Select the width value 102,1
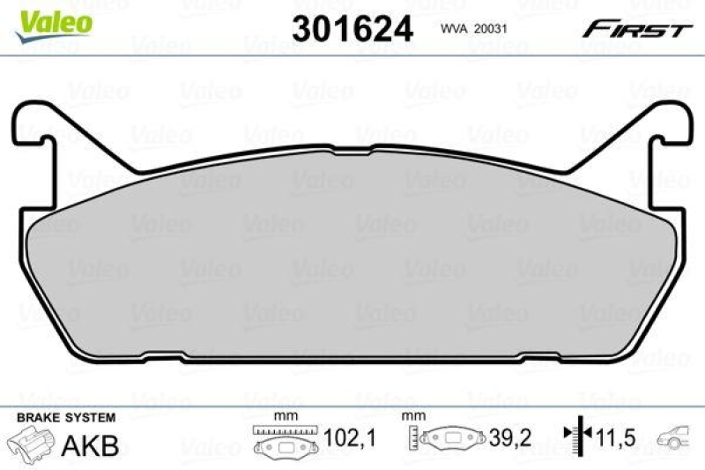pyautogui.click(x=337, y=437)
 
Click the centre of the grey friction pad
pyautogui.click(x=352, y=256)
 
